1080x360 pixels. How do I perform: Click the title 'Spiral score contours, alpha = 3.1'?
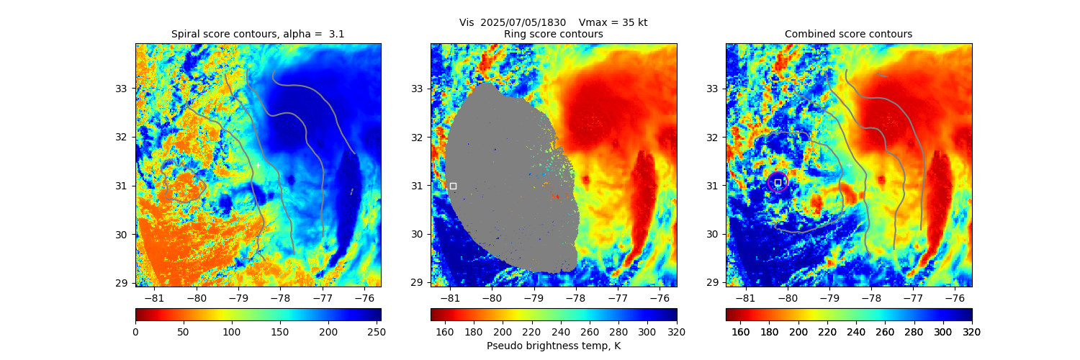tap(258, 34)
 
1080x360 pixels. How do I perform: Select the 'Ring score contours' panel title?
tap(553, 34)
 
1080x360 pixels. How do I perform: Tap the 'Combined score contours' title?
tap(848, 34)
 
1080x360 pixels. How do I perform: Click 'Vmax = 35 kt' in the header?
tap(613, 22)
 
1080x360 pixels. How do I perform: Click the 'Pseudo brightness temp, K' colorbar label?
tap(554, 346)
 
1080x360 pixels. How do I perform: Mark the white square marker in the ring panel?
tap(453, 186)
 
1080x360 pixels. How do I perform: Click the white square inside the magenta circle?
tap(778, 182)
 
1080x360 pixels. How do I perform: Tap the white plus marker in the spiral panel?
tap(258, 165)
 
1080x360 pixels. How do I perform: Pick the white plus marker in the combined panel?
tap(849, 165)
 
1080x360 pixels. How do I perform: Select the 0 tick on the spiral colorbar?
tap(135, 331)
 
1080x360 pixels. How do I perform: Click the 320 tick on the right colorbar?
tap(972, 331)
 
